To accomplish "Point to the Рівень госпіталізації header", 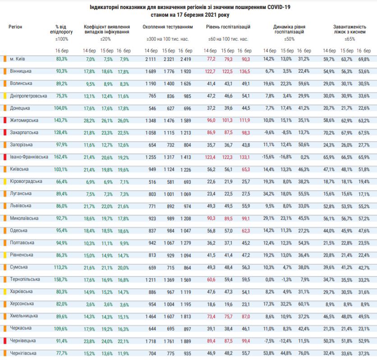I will coord(228,28).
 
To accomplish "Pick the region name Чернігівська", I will coord(23,353).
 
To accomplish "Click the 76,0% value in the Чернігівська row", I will coord(304,353).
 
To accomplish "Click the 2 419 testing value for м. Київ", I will coord(186,59).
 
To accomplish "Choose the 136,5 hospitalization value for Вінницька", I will coord(244,71).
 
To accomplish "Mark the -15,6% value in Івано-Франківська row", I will coord(269,157).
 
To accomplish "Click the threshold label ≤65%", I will coord(349,39).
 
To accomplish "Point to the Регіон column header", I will coord(15,28).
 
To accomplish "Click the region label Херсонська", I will coord(22,304).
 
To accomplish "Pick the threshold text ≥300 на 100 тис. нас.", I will coord(167,39).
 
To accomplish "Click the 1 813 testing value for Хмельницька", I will coord(186,316).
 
